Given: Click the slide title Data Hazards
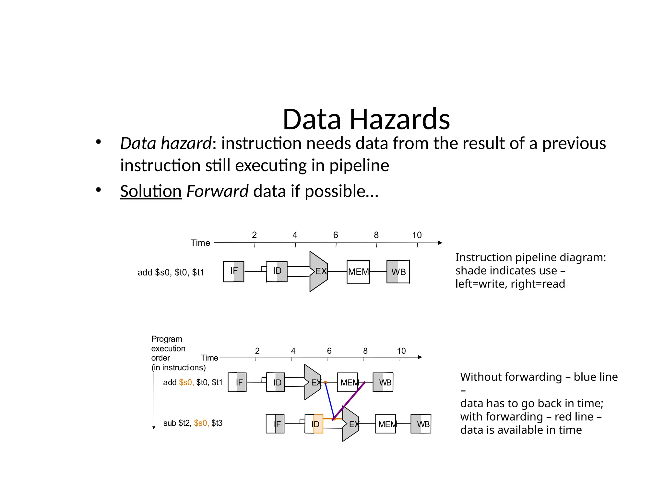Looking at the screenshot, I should coord(366,119).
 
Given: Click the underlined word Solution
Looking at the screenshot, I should coord(151,191).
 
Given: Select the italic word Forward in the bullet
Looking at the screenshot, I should coord(217,191).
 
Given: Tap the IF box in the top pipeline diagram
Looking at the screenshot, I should coord(233,271).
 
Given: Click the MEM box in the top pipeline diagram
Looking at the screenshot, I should coord(358,272).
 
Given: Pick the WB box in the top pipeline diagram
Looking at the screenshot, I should coord(398,272).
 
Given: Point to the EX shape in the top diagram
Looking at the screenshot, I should coord(318,271).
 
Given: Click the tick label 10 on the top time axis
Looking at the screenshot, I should coord(417,235).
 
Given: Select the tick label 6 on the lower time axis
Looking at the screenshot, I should coord(329,351).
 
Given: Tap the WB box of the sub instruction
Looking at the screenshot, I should coord(421,424).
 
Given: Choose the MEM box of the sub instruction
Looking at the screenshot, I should coord(385,424).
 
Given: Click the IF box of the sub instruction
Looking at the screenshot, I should coord(275,424).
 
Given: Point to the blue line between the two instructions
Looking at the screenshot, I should coord(329,401).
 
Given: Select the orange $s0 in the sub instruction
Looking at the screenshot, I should coord(201,423).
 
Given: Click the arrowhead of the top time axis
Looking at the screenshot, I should coord(440,243).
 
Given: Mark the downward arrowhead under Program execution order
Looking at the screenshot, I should coord(154,428).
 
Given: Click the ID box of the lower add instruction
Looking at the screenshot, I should coord(276,382).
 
